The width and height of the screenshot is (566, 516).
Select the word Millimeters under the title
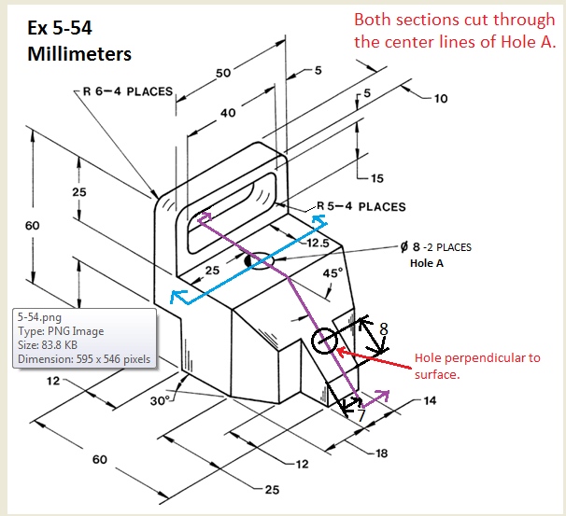click(x=79, y=53)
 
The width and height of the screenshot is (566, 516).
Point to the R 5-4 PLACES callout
click(x=361, y=206)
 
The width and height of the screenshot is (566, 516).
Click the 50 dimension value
click(x=223, y=74)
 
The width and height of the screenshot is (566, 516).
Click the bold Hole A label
click(x=427, y=263)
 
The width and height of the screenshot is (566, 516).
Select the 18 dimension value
click(x=381, y=453)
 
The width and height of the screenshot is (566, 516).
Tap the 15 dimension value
click(x=376, y=178)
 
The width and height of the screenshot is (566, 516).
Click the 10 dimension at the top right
click(x=441, y=98)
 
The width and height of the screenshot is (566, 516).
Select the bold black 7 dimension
click(x=361, y=416)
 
